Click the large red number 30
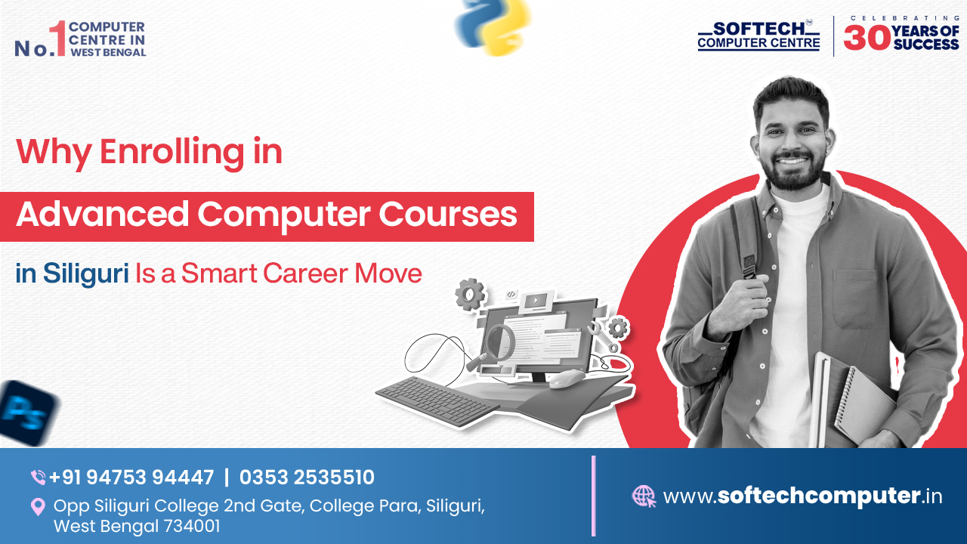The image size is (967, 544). pyautogui.click(x=866, y=37)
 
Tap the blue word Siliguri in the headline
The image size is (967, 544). pyautogui.click(x=85, y=273)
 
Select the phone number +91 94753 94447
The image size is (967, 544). pyautogui.click(x=131, y=478)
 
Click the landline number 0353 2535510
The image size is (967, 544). pyautogui.click(x=307, y=478)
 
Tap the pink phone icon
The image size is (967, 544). pyautogui.click(x=38, y=478)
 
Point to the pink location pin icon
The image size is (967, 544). pyautogui.click(x=38, y=506)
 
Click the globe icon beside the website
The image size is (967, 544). pyautogui.click(x=644, y=496)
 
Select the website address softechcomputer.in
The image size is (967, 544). pyautogui.click(x=802, y=496)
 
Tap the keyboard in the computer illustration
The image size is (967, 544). pyautogui.click(x=437, y=400)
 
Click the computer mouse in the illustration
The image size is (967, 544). pyautogui.click(x=566, y=379)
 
